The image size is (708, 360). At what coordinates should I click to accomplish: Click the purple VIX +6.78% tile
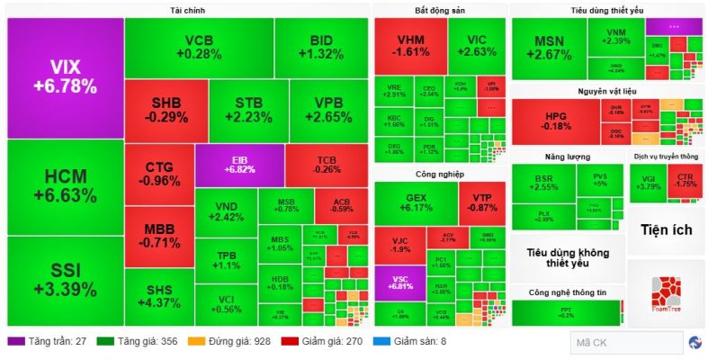(x=65, y=77)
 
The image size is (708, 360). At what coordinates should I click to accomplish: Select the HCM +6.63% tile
(x=65, y=186)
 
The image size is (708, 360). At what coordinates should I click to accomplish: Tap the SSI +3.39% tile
(x=65, y=279)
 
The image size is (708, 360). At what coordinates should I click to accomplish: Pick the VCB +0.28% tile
(x=198, y=47)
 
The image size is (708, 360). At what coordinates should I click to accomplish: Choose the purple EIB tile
(x=239, y=163)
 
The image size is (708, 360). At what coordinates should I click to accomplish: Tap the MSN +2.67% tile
(x=548, y=48)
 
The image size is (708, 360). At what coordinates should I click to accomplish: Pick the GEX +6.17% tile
(x=415, y=202)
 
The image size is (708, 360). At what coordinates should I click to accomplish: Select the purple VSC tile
(x=400, y=283)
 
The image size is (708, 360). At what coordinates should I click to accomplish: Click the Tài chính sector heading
(x=187, y=10)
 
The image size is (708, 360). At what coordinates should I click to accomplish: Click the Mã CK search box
(x=625, y=342)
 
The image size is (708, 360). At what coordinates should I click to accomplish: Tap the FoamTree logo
(x=667, y=300)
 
